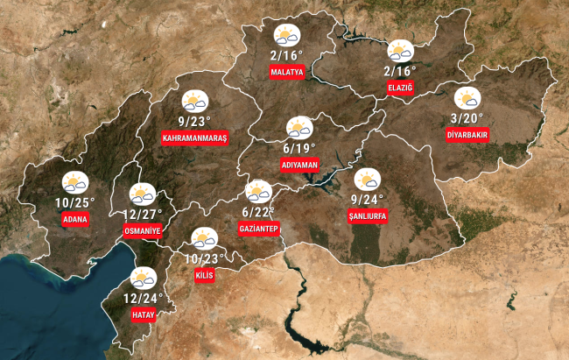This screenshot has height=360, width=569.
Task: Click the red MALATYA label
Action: coord(287,72)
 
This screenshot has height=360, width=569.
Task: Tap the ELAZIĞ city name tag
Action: coord(399,87)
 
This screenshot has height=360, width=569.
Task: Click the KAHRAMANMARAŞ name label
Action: coord(194,138)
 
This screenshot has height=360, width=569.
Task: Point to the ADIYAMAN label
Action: coord(299,165)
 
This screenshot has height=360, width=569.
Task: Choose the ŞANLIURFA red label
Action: coord(368,215)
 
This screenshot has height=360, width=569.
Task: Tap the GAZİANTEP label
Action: coord(258,229)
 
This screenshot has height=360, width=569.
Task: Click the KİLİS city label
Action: coord(203,275)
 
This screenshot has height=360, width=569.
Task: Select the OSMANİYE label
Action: coord(143,230)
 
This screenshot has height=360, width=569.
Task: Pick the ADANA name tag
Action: coord(75,219)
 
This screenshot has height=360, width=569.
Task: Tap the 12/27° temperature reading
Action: coord(143,214)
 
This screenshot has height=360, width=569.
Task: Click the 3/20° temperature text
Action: coord(467,117)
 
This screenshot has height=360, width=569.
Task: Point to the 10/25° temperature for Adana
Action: coord(74,202)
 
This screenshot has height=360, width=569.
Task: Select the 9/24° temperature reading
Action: coord(368,199)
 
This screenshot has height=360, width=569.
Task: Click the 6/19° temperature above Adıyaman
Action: coord(299,148)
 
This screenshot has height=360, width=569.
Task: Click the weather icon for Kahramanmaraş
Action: coord(194,101)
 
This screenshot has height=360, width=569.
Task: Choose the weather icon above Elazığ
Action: coord(400,50)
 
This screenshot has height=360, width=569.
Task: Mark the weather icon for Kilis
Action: coord(204,237)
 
